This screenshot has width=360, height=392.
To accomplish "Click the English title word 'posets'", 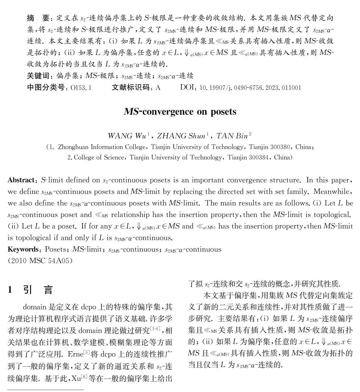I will pos(223,112).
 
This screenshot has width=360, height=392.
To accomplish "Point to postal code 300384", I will pos(256,157).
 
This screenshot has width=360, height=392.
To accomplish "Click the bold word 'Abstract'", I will pos(21,180).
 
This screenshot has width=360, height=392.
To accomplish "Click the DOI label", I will pos(188,88).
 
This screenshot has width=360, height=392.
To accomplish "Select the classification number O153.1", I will pos(81,88).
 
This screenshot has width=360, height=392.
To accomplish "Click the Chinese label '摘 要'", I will pos(38,18).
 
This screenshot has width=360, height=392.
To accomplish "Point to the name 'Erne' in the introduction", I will pos(75,354).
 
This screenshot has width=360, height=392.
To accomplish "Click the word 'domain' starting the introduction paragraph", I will pos(35,307).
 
